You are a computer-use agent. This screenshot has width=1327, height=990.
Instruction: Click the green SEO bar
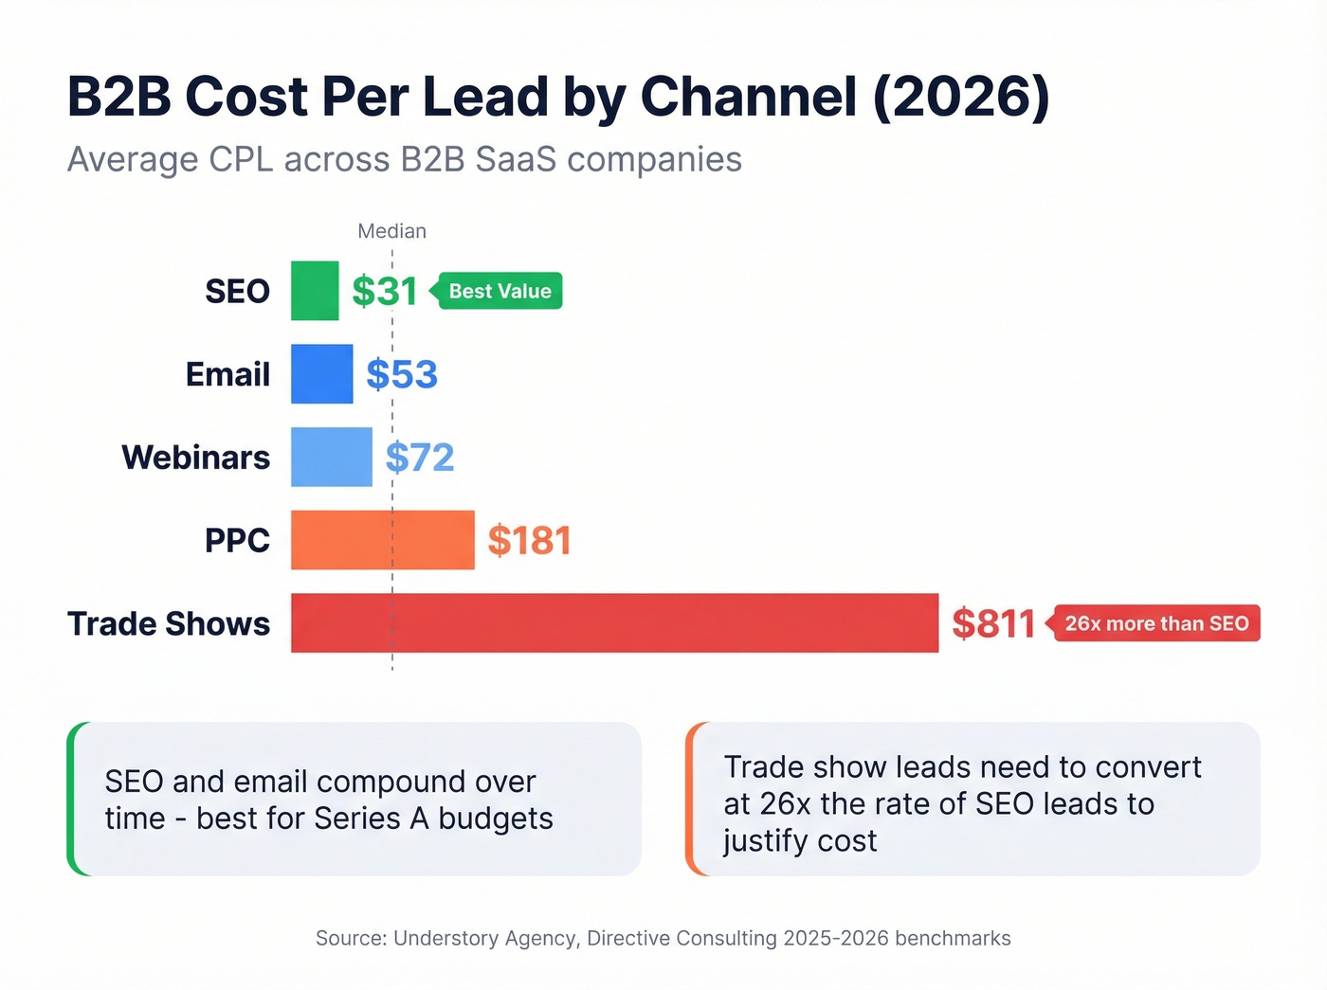(x=315, y=291)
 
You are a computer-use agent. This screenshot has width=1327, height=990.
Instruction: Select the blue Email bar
(x=321, y=374)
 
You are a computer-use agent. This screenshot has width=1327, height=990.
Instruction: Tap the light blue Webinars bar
(x=331, y=457)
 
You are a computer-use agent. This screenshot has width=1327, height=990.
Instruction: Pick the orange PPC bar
(x=382, y=540)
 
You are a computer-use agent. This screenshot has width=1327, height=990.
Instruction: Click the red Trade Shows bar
(x=614, y=623)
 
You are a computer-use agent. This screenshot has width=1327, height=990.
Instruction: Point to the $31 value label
(x=385, y=291)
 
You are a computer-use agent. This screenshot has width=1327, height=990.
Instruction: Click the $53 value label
(x=402, y=374)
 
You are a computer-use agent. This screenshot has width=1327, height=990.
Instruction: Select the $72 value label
(x=420, y=458)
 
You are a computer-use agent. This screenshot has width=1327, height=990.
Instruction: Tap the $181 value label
(x=529, y=541)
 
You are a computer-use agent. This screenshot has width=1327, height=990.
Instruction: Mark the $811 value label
(x=993, y=623)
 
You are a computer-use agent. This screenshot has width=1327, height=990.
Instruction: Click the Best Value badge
(x=500, y=291)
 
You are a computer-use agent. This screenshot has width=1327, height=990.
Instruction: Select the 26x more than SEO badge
(x=1156, y=623)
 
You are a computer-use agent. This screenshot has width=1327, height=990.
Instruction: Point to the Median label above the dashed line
(x=391, y=231)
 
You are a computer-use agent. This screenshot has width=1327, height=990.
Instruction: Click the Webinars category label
(x=196, y=458)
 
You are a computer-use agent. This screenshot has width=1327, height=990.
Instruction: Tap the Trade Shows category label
(x=169, y=623)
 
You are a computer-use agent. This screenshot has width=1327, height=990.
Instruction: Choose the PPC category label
(x=237, y=541)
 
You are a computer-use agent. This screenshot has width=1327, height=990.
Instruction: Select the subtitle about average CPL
(x=405, y=159)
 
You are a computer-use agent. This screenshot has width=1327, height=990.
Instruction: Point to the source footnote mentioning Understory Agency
(x=663, y=938)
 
